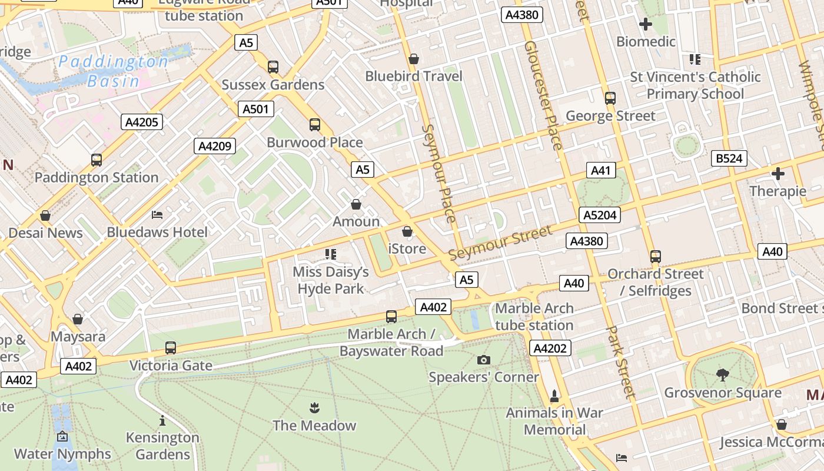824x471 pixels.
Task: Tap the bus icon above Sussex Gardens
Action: click(x=273, y=67)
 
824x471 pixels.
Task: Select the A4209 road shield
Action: click(x=215, y=146)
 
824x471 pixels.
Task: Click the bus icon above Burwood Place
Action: click(x=315, y=124)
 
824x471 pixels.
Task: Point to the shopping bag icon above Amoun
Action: click(x=356, y=204)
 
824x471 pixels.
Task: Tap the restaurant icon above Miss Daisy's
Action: click(x=331, y=254)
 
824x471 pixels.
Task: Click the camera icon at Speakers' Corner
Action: click(x=484, y=360)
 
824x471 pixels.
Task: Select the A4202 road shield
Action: click(x=550, y=348)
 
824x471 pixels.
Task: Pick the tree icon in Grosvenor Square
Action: click(x=722, y=374)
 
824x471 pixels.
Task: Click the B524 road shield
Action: click(x=729, y=158)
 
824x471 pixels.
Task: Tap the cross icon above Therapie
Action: click(x=778, y=174)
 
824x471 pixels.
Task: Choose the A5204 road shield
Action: click(x=600, y=215)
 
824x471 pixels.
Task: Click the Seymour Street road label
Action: click(x=500, y=242)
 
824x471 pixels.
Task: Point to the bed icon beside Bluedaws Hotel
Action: click(x=157, y=215)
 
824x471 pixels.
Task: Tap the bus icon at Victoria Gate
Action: click(x=171, y=347)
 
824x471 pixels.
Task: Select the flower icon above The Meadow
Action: click(x=314, y=407)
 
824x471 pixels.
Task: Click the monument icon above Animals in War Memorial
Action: click(x=554, y=395)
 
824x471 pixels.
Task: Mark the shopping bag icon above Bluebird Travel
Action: click(x=414, y=59)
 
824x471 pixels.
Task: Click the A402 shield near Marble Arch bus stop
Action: click(x=433, y=306)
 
